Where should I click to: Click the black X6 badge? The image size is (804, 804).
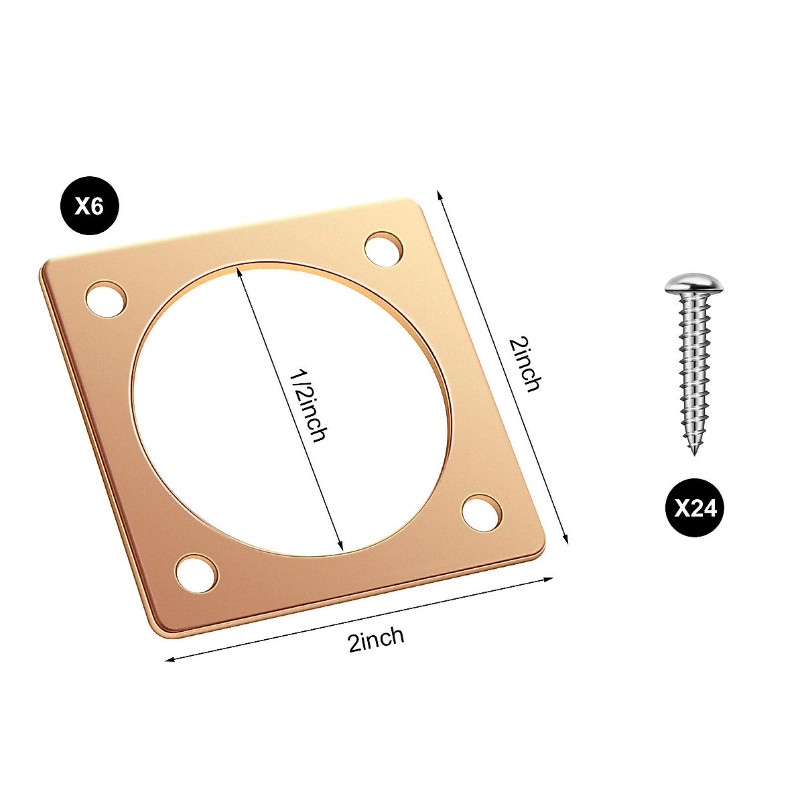89,206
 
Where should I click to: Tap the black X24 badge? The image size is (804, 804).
695,508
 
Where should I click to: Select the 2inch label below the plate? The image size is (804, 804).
376,639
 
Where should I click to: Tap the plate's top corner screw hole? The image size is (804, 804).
385,249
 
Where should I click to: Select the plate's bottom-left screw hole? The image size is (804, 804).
196,573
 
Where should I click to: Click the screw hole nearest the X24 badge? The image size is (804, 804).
482,513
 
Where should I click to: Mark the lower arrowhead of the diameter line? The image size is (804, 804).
341,547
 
